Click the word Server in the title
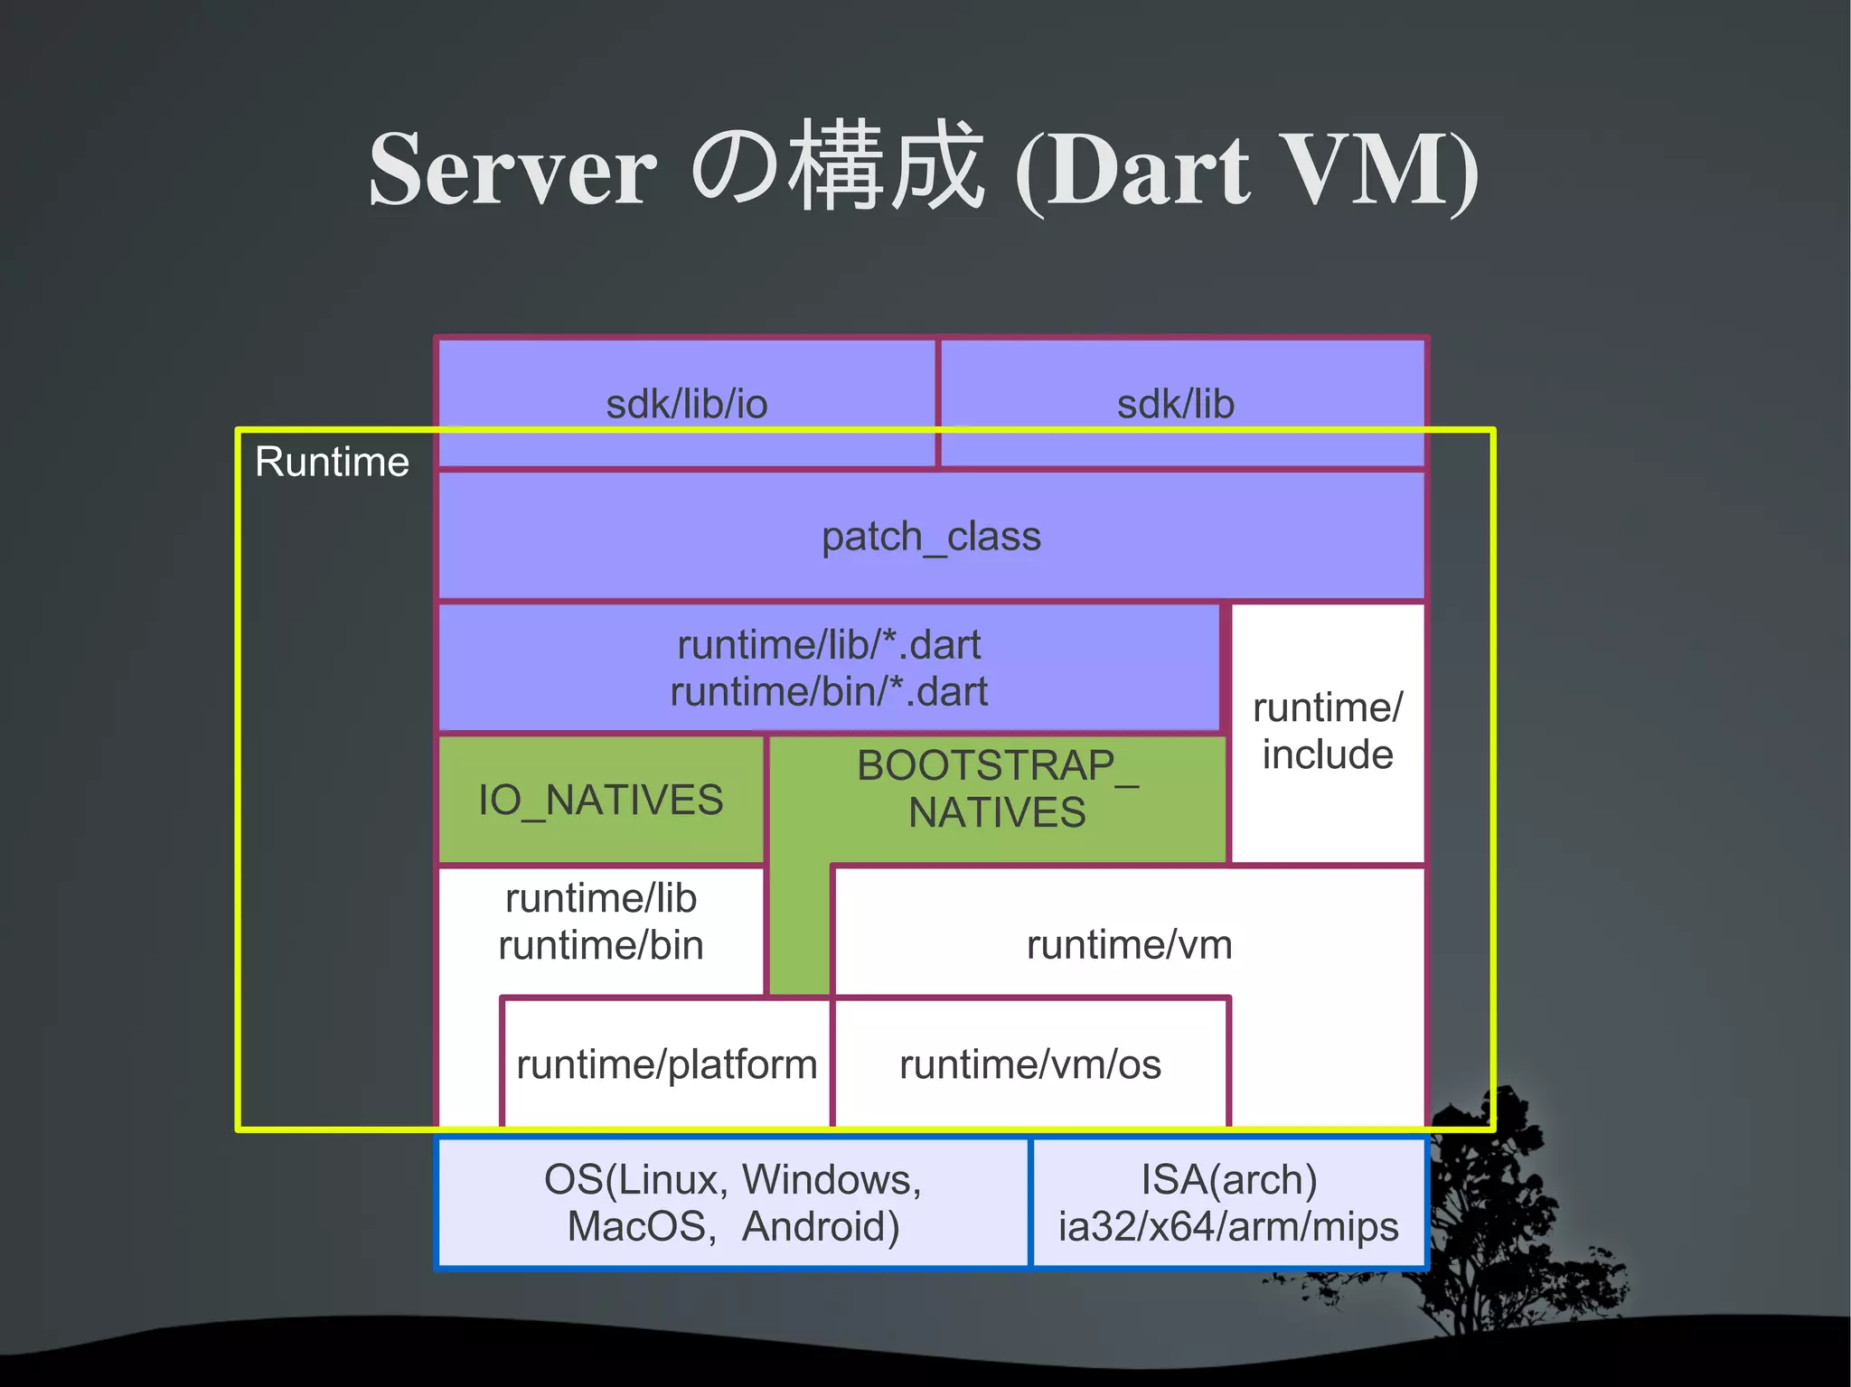coord(512,171)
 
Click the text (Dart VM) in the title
coord(1246,171)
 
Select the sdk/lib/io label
coord(686,404)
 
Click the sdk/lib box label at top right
coord(1175,404)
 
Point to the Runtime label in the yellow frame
coord(332,462)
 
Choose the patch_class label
coord(931,537)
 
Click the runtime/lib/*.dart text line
coord(829,645)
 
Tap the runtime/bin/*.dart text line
coord(829,692)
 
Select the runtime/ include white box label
coord(1327,731)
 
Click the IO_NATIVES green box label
coord(600,801)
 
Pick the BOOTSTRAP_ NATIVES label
coord(997,789)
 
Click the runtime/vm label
coord(1129,945)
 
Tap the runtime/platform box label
coord(666,1064)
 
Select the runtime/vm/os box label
coord(1029,1064)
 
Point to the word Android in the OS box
coord(819,1227)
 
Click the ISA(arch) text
coord(1228,1180)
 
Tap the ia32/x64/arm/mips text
coord(1228,1227)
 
